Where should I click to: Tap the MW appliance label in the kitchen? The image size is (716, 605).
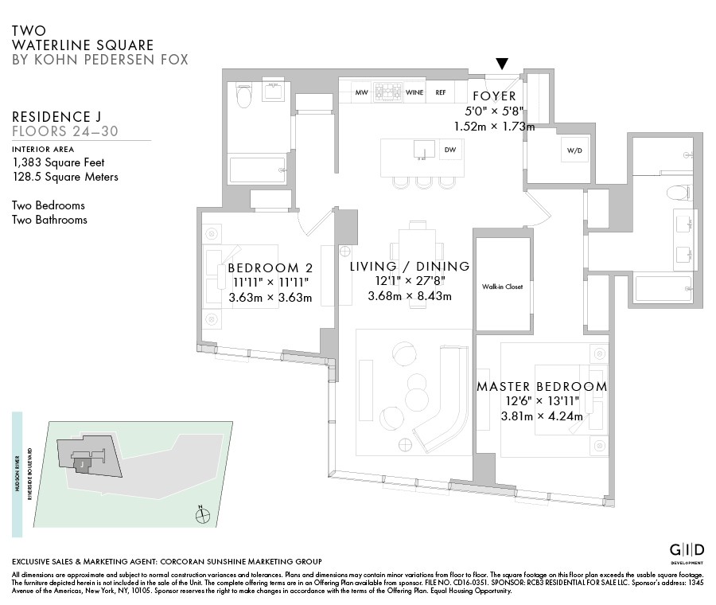point(361,92)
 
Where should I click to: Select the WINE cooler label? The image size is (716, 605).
point(414,92)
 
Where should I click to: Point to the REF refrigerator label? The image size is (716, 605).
point(441,92)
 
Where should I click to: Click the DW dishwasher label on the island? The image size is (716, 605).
point(449,150)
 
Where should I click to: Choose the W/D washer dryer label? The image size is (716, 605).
point(575,150)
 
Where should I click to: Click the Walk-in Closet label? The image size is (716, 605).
point(503,287)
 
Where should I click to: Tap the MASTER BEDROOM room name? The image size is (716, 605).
point(542,387)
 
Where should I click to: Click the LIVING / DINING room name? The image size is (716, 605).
point(410,267)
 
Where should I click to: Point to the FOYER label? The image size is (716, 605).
point(494,97)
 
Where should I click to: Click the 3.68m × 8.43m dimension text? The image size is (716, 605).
point(410,297)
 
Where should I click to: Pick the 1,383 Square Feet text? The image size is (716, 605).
point(58,162)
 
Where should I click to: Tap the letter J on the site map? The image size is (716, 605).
point(81,462)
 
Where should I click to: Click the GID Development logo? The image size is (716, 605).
point(686,552)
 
